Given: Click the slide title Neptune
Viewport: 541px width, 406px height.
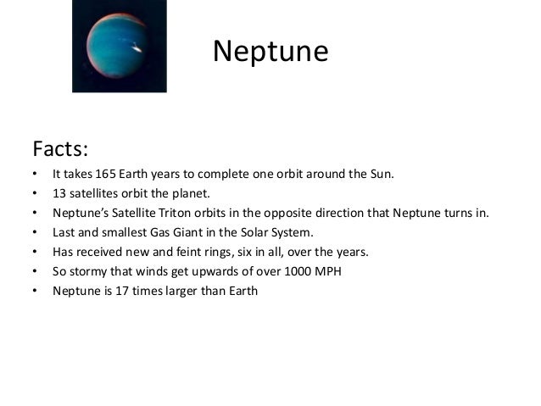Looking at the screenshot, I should pos(270,51).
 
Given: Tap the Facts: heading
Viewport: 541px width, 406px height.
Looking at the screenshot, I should pos(60,149).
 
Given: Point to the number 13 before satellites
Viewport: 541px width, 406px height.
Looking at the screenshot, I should pos(59,193).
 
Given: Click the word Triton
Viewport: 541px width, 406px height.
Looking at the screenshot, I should pos(184,213).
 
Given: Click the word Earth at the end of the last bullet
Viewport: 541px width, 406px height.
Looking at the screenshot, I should pos(240,291).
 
